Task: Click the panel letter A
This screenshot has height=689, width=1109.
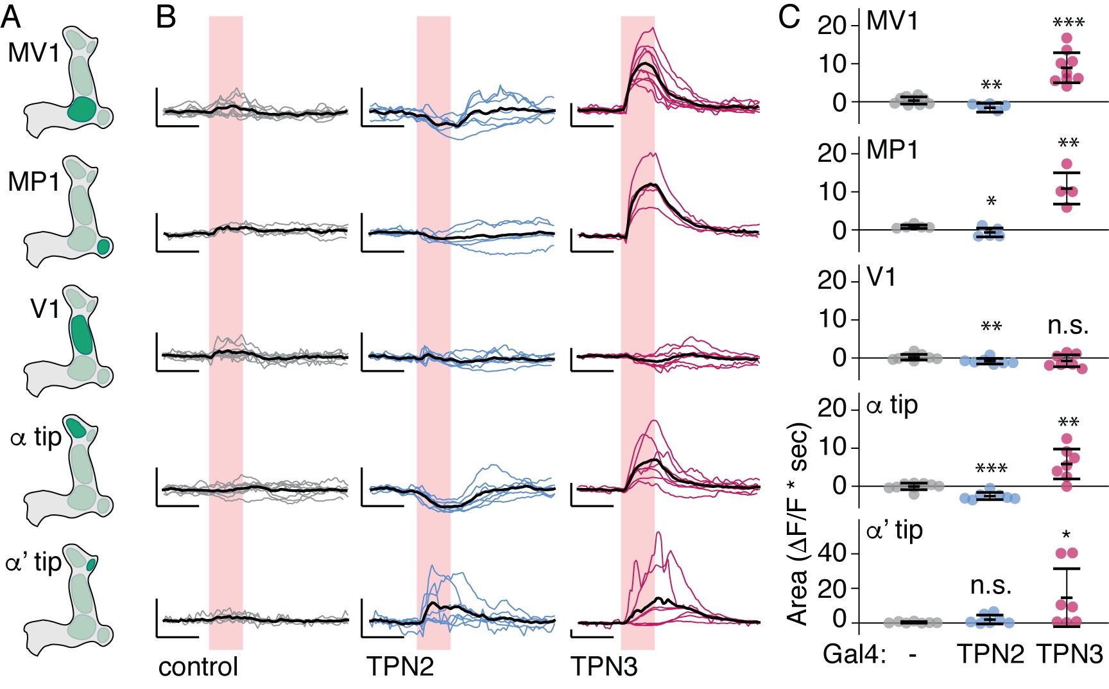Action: [x=11, y=17]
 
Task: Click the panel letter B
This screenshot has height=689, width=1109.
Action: [x=166, y=17]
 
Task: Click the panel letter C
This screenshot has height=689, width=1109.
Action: [x=789, y=17]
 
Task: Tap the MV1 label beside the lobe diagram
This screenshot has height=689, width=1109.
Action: [x=33, y=53]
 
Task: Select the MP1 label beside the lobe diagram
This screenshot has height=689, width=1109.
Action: [x=33, y=182]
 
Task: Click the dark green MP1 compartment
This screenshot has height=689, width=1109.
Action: [x=103, y=246]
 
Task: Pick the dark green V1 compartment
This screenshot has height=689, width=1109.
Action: [x=82, y=335]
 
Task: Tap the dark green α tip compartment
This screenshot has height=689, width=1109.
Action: [x=76, y=427]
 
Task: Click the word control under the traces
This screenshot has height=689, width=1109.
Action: [x=198, y=667]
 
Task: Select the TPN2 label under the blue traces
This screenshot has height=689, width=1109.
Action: [x=400, y=667]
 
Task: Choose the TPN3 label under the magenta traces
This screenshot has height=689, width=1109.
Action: [x=604, y=667]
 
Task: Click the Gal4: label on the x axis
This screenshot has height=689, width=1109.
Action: [x=854, y=654]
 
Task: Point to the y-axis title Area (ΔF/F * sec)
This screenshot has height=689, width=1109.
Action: [x=798, y=523]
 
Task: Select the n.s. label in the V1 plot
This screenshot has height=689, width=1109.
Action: [x=1068, y=326]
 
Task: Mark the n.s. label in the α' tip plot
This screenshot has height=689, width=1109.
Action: [x=991, y=585]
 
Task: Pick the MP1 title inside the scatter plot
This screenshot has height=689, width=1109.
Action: [x=892, y=150]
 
